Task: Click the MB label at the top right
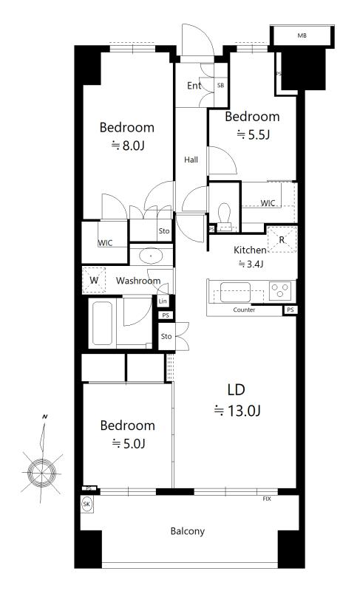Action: (302, 35)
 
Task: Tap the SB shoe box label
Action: (220, 86)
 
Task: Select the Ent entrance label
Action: (194, 86)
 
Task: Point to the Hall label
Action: (191, 160)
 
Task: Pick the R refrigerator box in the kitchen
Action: (282, 239)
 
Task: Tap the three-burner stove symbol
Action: (280, 290)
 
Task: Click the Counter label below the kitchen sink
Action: (244, 310)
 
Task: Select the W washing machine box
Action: (94, 280)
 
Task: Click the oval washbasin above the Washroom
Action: (151, 256)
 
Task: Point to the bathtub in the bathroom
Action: (102, 323)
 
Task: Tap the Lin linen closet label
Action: (163, 301)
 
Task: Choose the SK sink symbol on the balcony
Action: (86, 505)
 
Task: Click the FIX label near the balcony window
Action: (267, 499)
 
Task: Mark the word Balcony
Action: (187, 531)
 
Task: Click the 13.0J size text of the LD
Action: (237, 411)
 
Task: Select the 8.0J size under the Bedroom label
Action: (128, 146)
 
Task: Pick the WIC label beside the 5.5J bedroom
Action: (268, 203)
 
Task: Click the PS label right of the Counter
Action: (290, 310)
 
